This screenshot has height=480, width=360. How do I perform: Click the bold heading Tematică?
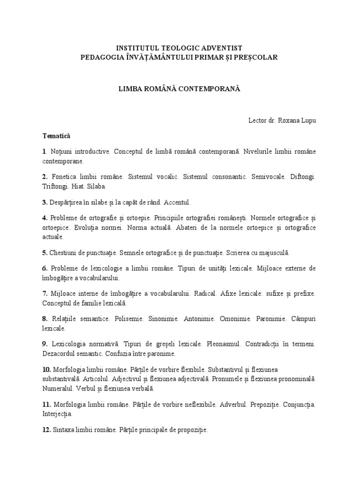pos(56,136)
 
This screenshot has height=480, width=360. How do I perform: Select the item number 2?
pos(44,177)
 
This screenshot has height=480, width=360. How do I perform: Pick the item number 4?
pos(44,218)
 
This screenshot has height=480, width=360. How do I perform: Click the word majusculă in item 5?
pos(274,253)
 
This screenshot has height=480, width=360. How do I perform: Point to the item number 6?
pos(44,268)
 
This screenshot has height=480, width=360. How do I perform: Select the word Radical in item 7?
pos(206,294)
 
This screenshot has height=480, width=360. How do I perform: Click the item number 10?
pos(46,369)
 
